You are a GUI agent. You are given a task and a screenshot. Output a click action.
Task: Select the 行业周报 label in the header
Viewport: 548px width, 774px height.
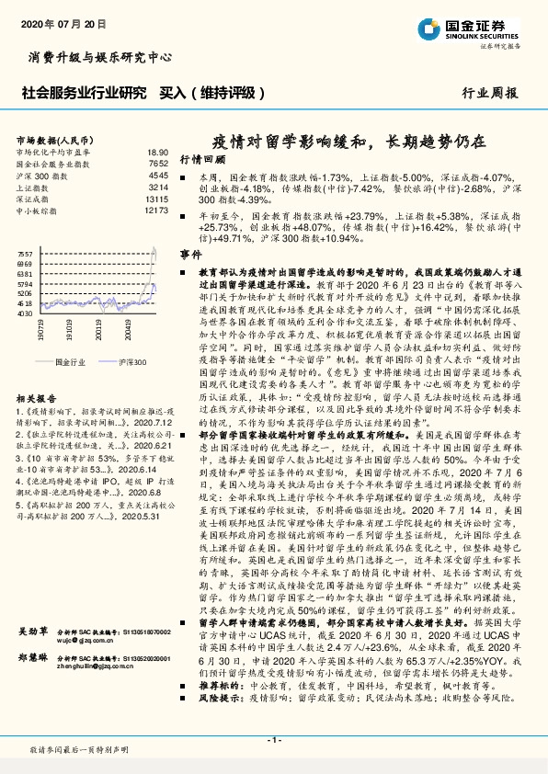tap(489, 93)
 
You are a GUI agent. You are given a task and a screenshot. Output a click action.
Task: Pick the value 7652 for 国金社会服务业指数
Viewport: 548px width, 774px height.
tap(158, 163)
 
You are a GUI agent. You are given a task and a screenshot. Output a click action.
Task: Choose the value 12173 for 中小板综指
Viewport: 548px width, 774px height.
tap(156, 211)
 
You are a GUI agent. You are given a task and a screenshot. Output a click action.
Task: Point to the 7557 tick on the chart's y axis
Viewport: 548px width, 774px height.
tap(25, 253)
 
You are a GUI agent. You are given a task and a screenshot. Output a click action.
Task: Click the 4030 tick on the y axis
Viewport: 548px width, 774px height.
tap(25, 313)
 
